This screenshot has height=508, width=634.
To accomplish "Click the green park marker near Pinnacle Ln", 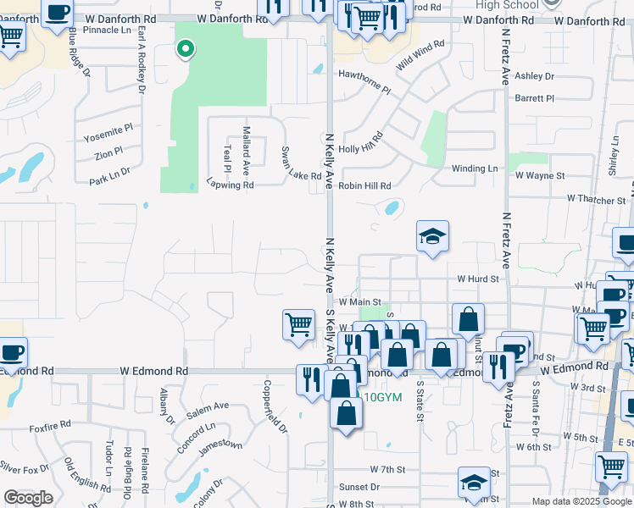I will coord(185,50).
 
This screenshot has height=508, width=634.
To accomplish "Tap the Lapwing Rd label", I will coord(230,185).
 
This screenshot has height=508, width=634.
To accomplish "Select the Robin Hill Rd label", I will coord(364,185).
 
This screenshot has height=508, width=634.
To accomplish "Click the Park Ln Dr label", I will coord(109,175).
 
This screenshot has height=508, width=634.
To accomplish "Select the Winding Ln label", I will coord(475,168).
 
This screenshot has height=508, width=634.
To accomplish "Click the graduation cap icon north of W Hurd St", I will coord(432,237).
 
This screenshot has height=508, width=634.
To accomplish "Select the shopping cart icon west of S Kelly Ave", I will coord(298,324).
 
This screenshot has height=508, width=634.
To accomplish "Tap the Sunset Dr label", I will coord(359,487).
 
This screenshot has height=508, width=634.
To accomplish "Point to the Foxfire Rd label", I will coord(48,428).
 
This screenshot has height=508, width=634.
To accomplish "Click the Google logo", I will coord(29,498).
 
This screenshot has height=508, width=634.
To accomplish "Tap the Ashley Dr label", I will coord(534,76).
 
